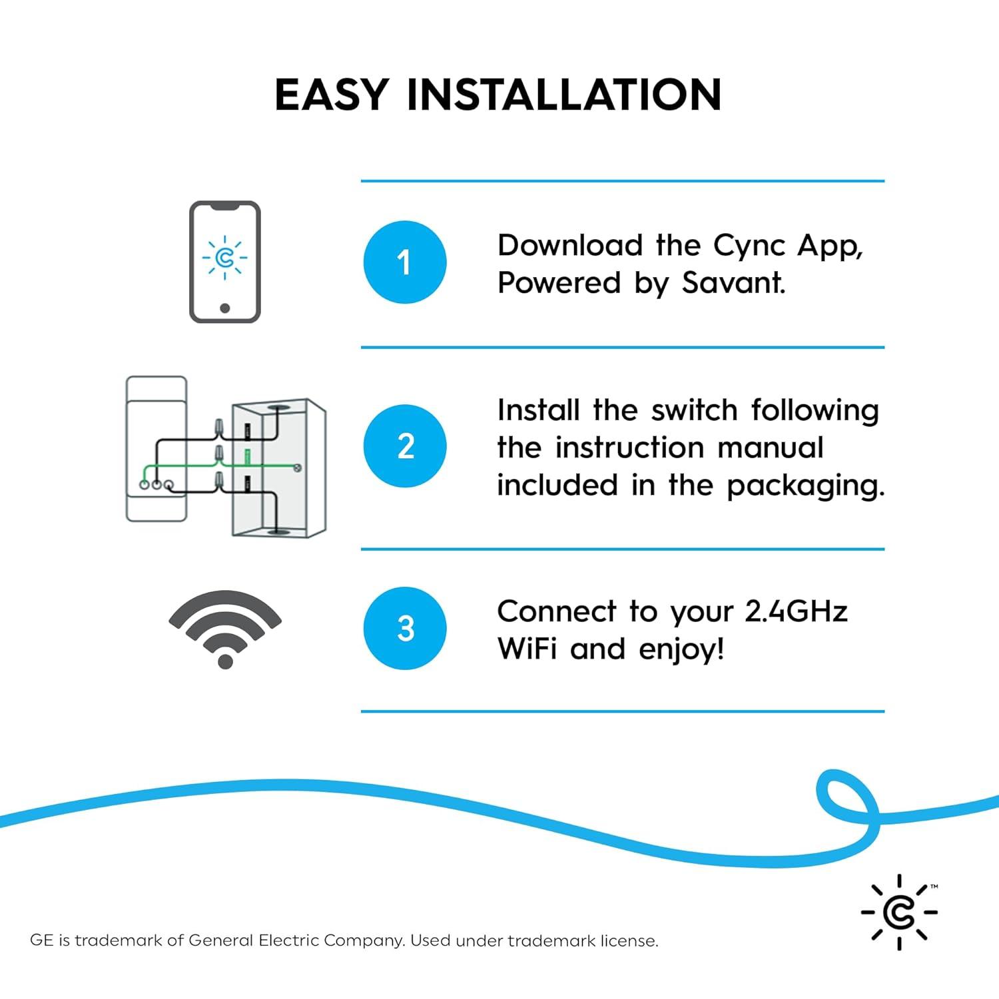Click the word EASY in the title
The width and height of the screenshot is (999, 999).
[x=331, y=95]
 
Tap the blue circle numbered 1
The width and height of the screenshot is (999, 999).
[x=404, y=262]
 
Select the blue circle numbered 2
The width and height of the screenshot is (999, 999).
[x=404, y=446]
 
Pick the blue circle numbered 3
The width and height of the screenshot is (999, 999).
[x=404, y=628]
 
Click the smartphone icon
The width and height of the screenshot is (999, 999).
[x=225, y=262]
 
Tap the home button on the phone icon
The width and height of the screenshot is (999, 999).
[x=225, y=308]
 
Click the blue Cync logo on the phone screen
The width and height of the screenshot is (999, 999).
[x=225, y=257]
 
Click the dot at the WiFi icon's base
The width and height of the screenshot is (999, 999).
[x=225, y=661]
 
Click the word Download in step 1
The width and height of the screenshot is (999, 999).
[x=569, y=246]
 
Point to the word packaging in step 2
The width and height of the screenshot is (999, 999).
[x=805, y=486]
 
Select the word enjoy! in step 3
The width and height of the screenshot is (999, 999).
[x=681, y=649]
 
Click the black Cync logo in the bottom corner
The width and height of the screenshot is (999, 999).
[x=899, y=912]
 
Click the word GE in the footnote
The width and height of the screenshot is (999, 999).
[x=41, y=940]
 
